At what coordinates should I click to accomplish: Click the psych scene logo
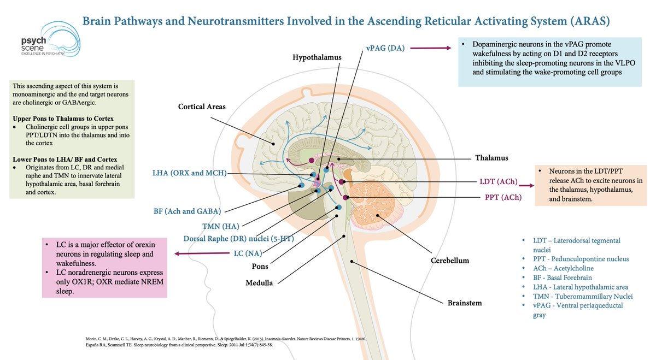coord(50,39)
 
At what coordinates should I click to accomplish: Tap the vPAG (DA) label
coord(385,48)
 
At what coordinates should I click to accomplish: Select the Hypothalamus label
coord(317,57)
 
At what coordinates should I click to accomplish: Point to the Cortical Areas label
coord(202,107)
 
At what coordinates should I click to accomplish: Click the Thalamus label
coord(491,158)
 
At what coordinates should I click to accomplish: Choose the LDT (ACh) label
coord(499,182)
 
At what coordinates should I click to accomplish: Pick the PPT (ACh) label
coord(503,198)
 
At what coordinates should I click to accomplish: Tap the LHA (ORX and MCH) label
coord(190,173)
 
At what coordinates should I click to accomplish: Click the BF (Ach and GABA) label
coord(187,211)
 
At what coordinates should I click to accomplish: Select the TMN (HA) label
coord(220,226)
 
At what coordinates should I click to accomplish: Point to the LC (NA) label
coord(248,253)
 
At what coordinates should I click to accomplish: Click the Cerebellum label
coord(449,261)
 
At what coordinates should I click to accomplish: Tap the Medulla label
coord(259,283)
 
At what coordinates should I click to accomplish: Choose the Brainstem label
coord(465,303)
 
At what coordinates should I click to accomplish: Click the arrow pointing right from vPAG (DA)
coord(431,48)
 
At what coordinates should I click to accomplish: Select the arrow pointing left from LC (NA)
coord(202,253)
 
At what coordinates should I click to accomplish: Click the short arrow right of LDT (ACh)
coord(526,186)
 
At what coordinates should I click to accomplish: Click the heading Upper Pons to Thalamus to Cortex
coord(63,119)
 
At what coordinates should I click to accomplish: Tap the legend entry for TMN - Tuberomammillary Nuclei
coord(583,297)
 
